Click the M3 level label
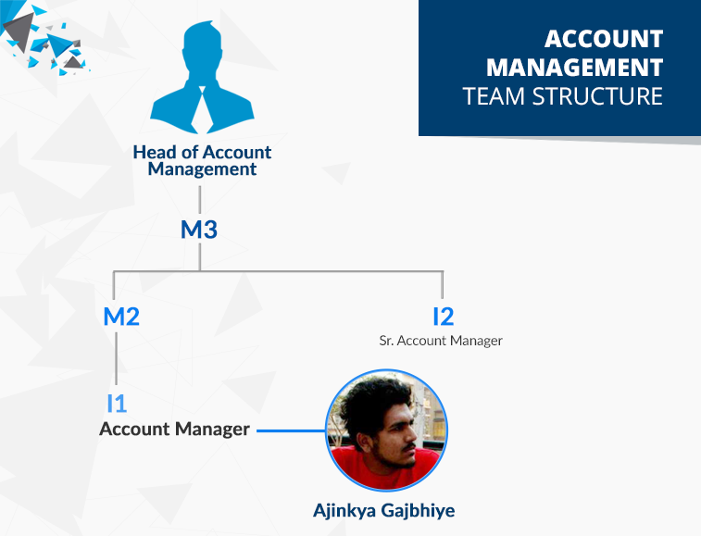point(199,230)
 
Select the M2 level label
point(121,317)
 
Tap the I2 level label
point(443,317)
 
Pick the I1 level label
point(117,404)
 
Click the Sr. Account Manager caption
point(441,341)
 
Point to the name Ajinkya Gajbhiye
point(384,510)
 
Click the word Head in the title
point(155,153)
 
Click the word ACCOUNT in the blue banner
point(604,39)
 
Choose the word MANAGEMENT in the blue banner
point(574,68)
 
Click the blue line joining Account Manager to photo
point(292,431)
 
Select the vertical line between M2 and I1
point(117,358)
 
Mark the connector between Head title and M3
point(200,200)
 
